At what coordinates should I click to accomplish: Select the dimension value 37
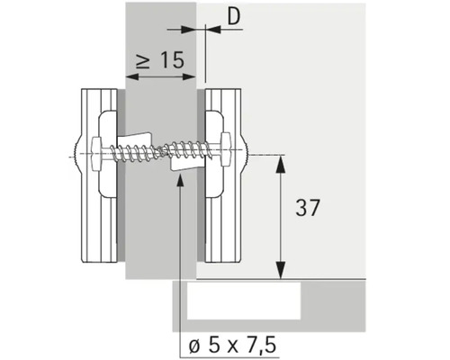tap(308, 208)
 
